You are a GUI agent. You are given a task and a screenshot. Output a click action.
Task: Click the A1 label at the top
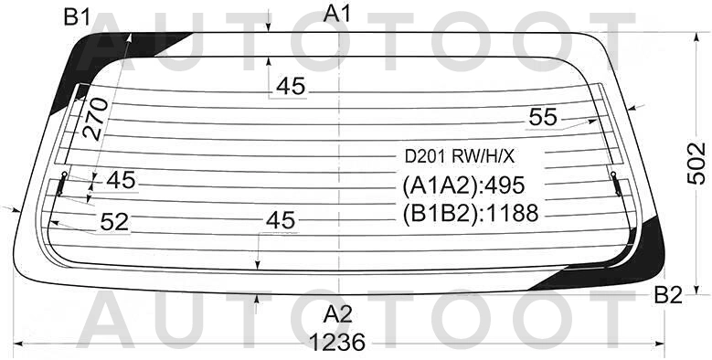pyautogui.click(x=337, y=14)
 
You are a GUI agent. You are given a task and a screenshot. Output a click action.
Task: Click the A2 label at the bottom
pyautogui.click(x=338, y=314)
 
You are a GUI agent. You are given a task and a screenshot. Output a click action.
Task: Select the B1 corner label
pyautogui.click(x=77, y=17)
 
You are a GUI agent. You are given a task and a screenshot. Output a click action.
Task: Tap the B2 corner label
pyautogui.click(x=668, y=296)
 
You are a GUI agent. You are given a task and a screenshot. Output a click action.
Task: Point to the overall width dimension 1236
pyautogui.click(x=337, y=342)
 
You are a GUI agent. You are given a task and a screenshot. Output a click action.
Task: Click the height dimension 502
pyautogui.click(x=696, y=164)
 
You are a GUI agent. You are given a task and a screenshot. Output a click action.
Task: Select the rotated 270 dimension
pyautogui.click(x=95, y=119)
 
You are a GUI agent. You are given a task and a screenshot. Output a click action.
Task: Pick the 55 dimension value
pyautogui.click(x=543, y=117)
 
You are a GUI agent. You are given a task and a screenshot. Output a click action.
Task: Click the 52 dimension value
pyautogui.click(x=114, y=222)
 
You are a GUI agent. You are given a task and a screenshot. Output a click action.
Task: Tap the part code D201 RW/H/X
pyautogui.click(x=460, y=157)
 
